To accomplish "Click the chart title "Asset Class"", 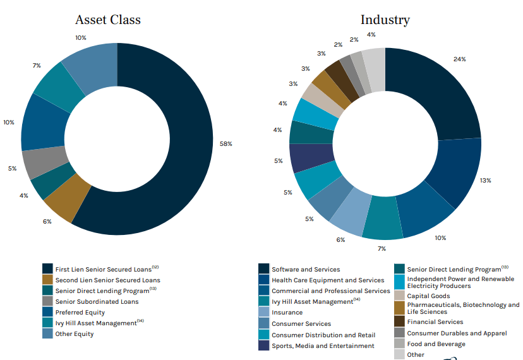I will point(108,20).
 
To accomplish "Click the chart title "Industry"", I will point(385,20).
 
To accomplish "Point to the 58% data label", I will point(225,144).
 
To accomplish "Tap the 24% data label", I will point(459,59).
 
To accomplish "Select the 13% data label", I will point(485,180).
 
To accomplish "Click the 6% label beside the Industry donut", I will point(340,239).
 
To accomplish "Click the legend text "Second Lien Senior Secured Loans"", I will point(107,280).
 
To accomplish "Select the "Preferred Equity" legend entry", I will point(80,312).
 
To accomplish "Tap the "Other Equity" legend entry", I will point(74,333).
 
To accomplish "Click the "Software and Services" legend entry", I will point(306,269).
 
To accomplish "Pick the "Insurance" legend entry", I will point(287,313).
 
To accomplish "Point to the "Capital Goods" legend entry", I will point(429,295).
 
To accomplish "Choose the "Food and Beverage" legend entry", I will point(436,344).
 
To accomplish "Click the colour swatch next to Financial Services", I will point(399,321).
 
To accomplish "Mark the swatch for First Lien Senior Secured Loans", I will point(47,269).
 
